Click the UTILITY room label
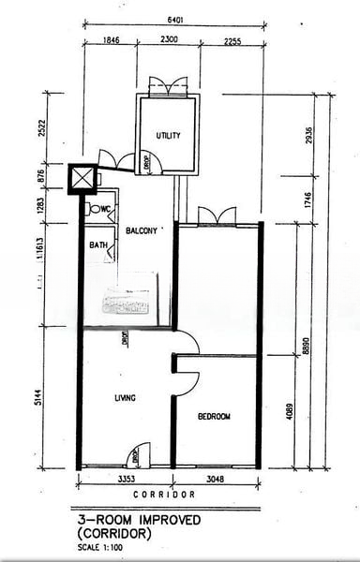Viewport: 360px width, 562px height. click(x=170, y=136)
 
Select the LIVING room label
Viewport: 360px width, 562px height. click(x=125, y=398)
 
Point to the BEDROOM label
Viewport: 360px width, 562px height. click(x=214, y=417)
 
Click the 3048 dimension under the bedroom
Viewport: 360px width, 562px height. click(x=215, y=478)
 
